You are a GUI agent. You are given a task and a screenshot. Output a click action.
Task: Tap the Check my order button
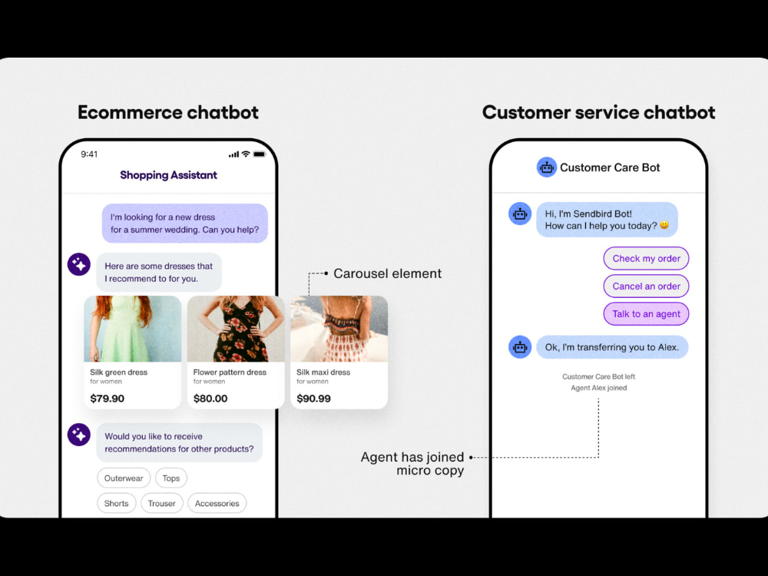[x=646, y=258]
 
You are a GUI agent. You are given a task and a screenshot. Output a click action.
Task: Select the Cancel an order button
[x=646, y=286]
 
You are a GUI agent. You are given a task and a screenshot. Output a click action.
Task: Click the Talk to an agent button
[x=646, y=314]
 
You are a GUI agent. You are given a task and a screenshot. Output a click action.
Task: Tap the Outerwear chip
[x=124, y=478]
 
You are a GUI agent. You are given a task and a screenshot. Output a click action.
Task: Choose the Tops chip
[x=171, y=478]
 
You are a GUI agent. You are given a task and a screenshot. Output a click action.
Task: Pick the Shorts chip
[x=116, y=503]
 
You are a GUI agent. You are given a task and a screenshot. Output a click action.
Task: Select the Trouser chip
[x=161, y=503]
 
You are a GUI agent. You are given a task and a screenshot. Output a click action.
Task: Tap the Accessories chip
[x=217, y=503]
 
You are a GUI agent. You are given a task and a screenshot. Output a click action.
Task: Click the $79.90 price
[x=108, y=398]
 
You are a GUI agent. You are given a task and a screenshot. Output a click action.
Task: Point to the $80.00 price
[x=210, y=398]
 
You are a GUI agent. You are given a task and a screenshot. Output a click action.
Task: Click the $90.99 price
[x=313, y=398]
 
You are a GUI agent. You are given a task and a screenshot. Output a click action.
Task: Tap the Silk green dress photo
[x=133, y=329]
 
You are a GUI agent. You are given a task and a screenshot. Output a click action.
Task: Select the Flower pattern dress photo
[x=236, y=329]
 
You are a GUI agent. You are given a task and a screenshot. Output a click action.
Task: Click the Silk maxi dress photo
[x=339, y=329]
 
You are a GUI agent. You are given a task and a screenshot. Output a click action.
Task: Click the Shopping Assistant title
[x=168, y=175]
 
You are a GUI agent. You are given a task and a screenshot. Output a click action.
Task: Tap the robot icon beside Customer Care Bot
[x=547, y=167]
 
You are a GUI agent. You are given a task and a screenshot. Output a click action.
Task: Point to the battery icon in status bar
[x=260, y=154]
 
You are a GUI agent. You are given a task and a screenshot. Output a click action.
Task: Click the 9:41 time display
[x=89, y=154]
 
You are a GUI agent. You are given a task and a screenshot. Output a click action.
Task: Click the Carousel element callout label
[x=387, y=273]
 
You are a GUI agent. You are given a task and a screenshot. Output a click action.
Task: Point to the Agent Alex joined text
[x=598, y=388]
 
